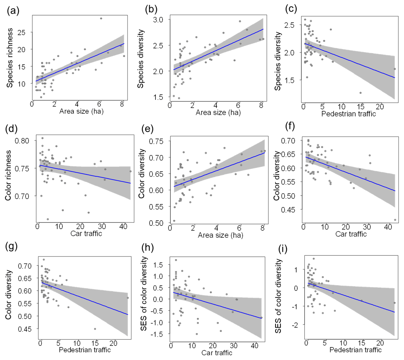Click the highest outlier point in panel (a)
101,18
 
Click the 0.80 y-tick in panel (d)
28,141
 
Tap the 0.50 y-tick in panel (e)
162,223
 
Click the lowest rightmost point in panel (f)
395,220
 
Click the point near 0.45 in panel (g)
95,329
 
